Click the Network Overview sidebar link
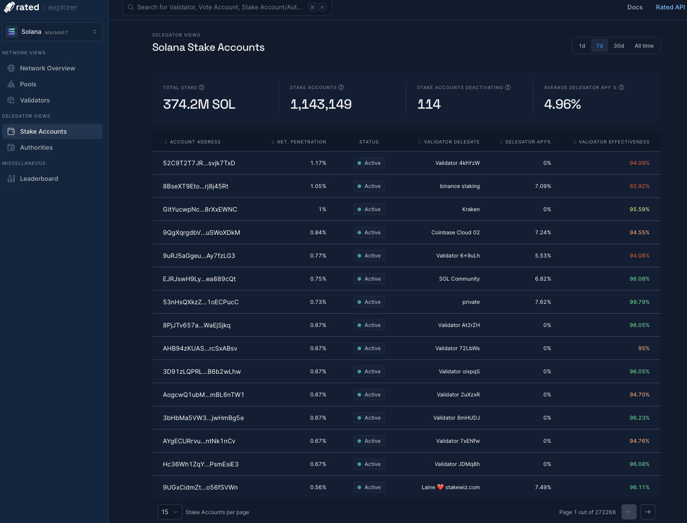point(47,68)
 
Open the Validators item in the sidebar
point(35,100)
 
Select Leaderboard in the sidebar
point(39,179)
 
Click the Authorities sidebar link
point(36,147)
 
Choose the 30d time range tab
point(618,46)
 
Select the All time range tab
point(644,46)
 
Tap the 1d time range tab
point(582,46)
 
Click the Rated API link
point(670,7)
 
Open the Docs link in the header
point(635,7)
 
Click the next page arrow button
point(647,512)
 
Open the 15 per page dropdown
point(170,512)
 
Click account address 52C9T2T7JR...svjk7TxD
point(199,163)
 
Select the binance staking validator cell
point(460,186)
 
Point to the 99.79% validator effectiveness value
point(639,302)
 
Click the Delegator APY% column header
point(527,142)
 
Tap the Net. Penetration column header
point(301,142)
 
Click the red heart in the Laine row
point(440,487)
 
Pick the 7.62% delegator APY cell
point(543,302)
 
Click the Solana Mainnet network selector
point(53,32)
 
